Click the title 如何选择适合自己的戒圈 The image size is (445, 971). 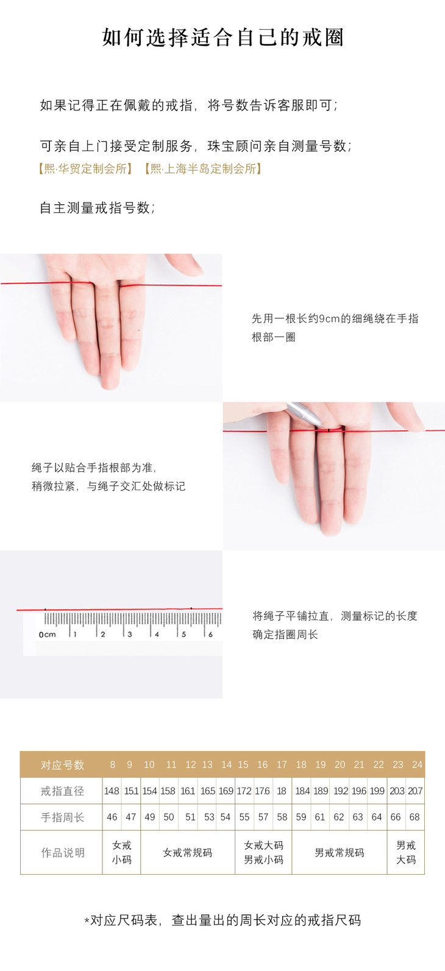(x=223, y=37)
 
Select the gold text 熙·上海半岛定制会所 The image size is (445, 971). (x=203, y=169)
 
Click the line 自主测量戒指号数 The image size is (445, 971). (x=97, y=208)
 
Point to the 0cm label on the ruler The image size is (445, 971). (x=47, y=635)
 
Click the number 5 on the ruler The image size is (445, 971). (x=184, y=634)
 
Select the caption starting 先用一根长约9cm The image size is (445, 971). (x=335, y=328)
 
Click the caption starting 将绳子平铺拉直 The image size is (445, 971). (x=335, y=625)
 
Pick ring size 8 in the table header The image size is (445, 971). (x=112, y=764)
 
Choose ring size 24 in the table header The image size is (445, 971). (x=417, y=764)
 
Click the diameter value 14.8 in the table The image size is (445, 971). (x=112, y=791)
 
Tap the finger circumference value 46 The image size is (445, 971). (x=112, y=817)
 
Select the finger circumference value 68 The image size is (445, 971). (x=415, y=817)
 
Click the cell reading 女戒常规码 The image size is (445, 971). (x=187, y=853)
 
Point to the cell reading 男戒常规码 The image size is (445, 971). (x=339, y=853)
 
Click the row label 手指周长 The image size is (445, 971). (x=62, y=817)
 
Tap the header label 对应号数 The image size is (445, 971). (x=62, y=764)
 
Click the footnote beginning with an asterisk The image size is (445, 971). (x=222, y=920)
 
